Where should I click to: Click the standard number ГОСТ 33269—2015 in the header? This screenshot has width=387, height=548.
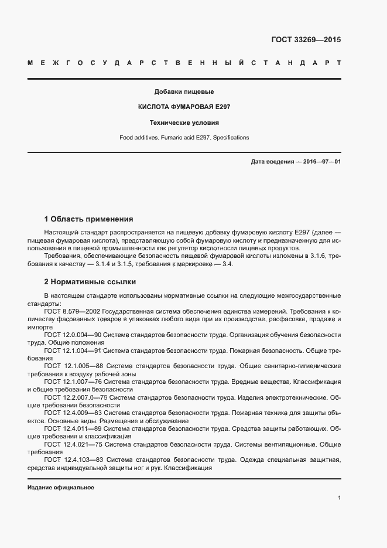pos(306,40)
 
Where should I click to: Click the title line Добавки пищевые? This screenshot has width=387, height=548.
pos(184,92)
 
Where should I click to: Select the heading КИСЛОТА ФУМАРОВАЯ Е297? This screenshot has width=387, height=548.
pos(184,108)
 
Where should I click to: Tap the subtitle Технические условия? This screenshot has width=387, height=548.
pos(184,123)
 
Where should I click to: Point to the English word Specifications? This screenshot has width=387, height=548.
pos(230,138)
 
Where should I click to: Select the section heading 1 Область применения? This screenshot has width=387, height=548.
pos(89,219)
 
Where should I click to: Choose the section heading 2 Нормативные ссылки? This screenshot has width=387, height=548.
pos(90,281)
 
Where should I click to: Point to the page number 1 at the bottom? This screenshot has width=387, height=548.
pos(340,498)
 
